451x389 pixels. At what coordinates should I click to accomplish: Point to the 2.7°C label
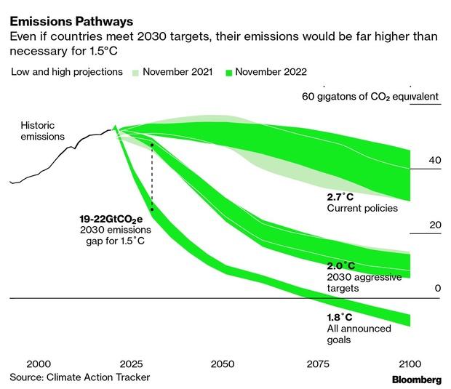click(x=341, y=197)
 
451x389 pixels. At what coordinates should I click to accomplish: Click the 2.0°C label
click(x=341, y=266)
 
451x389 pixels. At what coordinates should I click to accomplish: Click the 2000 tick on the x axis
click(x=39, y=364)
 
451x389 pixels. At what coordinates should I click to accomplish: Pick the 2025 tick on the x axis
click(x=130, y=364)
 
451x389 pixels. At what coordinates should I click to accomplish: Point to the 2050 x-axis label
click(x=223, y=364)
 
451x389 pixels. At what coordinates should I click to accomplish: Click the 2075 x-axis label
click(x=314, y=364)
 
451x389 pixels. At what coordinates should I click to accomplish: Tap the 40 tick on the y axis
click(x=434, y=161)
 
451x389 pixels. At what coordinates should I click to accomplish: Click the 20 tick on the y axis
click(x=434, y=225)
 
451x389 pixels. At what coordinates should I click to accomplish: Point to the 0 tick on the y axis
click(x=438, y=289)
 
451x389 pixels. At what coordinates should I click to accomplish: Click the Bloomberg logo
click(x=416, y=380)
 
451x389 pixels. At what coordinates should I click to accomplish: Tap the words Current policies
click(x=362, y=209)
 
